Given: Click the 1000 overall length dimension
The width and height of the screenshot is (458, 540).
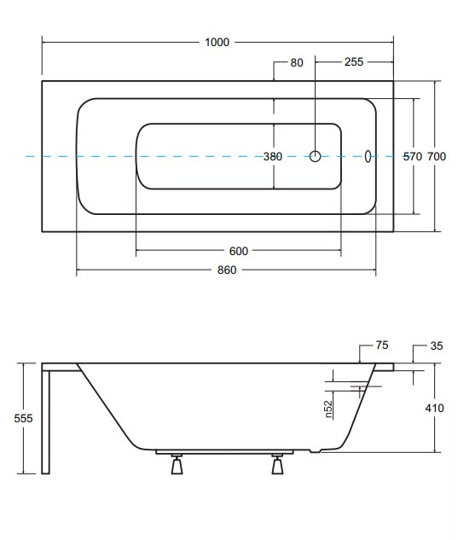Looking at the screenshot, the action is (217, 43).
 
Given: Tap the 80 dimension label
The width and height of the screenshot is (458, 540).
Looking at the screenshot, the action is (297, 62).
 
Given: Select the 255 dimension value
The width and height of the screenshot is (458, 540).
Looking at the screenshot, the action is (354, 62).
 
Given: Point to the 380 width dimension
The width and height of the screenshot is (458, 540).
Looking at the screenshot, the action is (273, 157).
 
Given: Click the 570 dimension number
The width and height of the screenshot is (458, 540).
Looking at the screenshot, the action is (413, 157).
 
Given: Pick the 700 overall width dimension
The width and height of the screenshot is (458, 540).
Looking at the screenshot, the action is (437, 157).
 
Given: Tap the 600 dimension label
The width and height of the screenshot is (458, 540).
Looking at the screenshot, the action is (239, 251).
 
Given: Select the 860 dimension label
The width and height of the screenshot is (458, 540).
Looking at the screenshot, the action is (227, 270).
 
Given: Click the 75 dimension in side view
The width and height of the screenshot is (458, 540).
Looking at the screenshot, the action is (382, 345).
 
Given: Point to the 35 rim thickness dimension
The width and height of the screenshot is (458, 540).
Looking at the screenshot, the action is (437, 345).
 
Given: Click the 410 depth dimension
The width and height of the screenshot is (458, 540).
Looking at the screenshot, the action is (435, 408).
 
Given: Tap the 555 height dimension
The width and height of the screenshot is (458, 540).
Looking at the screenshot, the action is (23, 418).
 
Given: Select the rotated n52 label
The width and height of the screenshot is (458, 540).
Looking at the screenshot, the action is (329, 409).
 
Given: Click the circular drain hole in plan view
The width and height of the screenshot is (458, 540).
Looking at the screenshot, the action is (315, 156).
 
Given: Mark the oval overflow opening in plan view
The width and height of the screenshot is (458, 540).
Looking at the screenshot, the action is (368, 156).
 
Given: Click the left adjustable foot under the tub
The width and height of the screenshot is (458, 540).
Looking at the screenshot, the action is (177, 464).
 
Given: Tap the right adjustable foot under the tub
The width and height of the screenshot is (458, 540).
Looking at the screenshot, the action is (277, 464).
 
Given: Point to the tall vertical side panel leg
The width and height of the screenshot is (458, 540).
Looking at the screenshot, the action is (46, 422).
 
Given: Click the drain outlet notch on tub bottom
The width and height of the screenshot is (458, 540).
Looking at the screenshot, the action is (315, 450).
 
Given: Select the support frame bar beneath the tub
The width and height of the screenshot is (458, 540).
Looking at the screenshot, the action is (224, 452).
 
